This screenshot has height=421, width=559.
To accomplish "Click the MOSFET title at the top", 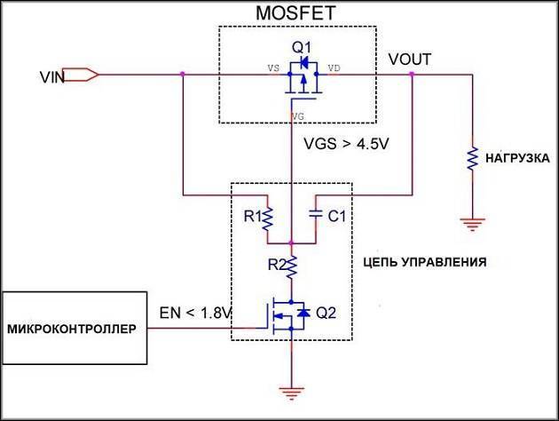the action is [x=295, y=12].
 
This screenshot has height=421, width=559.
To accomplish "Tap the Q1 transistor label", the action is [x=302, y=47].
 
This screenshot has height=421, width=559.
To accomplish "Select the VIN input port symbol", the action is [x=81, y=75].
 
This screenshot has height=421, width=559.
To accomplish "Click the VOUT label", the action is [x=410, y=60].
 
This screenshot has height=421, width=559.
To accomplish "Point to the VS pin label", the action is [x=273, y=68].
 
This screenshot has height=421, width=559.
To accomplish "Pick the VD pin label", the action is [x=334, y=68].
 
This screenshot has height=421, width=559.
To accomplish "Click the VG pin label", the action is [x=298, y=116].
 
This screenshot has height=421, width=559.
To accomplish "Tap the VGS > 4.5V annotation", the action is [x=346, y=144].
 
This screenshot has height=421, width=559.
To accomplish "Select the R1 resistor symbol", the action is [x=267, y=218].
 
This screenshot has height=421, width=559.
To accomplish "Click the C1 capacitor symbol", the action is [x=316, y=214].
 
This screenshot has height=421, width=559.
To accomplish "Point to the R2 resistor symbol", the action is [x=292, y=266].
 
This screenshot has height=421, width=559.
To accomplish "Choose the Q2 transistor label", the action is [x=327, y=313].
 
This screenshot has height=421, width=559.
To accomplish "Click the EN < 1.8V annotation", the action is [x=195, y=313].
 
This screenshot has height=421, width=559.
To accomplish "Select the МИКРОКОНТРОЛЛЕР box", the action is [x=75, y=328].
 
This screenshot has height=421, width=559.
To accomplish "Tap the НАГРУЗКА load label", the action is [x=517, y=158].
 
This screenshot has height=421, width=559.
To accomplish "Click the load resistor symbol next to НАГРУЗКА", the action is [x=472, y=158].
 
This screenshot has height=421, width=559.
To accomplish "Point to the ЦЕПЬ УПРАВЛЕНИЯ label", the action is [x=425, y=262].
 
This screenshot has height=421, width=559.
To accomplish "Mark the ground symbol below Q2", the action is [x=292, y=393].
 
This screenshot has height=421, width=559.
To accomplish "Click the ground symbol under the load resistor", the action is [x=472, y=225].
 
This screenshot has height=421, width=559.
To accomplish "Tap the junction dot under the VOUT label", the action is [x=412, y=75].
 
